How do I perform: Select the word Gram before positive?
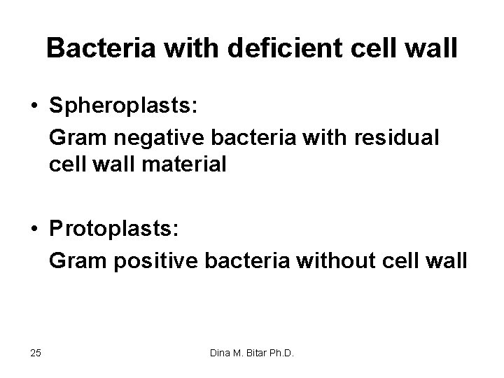click(x=76, y=261)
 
